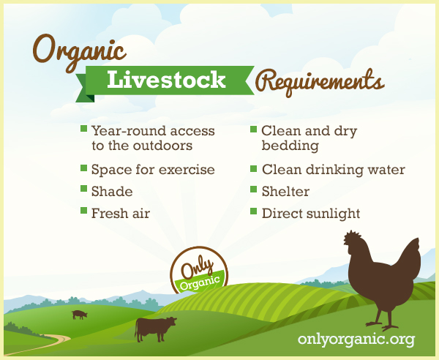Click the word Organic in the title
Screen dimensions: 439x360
[79, 53]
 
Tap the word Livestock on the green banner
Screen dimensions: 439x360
[166, 80]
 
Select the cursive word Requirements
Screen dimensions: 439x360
[320, 82]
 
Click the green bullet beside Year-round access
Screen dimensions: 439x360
[83, 129]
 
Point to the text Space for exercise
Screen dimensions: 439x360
[153, 170]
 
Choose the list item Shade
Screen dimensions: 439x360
[112, 192]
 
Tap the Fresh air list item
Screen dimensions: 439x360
[121, 214]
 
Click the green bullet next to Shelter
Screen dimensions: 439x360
[253, 190]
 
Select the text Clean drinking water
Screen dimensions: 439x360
[334, 170]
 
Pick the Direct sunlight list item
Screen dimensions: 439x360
[311, 214]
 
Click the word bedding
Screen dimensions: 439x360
[290, 146]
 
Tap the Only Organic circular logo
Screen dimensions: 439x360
[199, 271]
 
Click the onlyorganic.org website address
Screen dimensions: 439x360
[356, 340]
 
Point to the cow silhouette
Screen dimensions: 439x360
[155, 329]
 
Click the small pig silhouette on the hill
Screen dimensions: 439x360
[80, 315]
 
